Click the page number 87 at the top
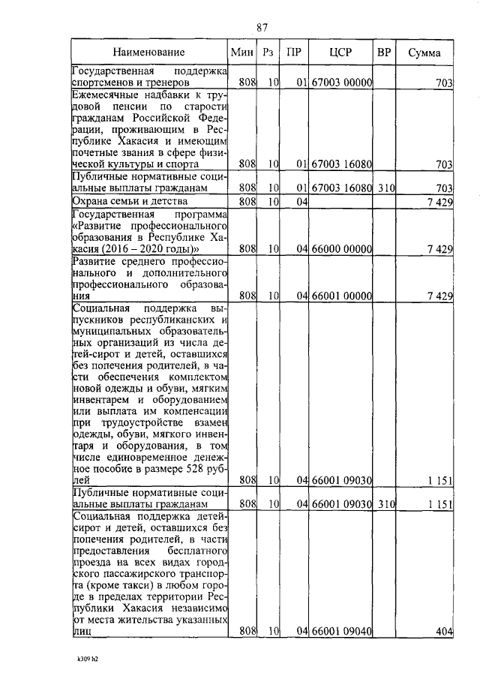(262, 28)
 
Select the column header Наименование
(148, 53)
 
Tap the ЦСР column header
(341, 53)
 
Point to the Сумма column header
(424, 53)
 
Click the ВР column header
(384, 53)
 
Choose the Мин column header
(240, 53)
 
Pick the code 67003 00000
(342, 82)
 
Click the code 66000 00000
(342, 248)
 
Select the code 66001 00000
(342, 296)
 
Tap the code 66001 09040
(342, 632)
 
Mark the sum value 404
(444, 632)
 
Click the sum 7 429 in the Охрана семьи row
(438, 202)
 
